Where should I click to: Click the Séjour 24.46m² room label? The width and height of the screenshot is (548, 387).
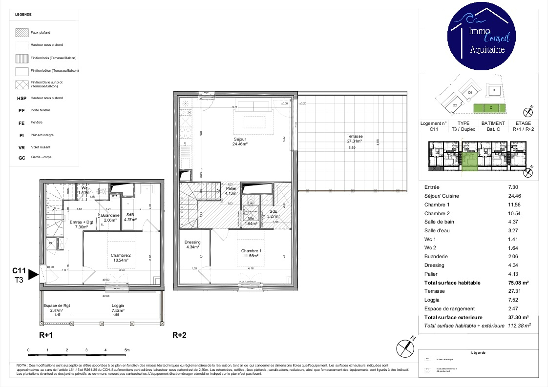click(240, 142)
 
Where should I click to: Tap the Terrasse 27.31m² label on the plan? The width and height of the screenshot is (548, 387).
click(355, 139)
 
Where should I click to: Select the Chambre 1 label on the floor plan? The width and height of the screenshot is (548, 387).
click(251, 253)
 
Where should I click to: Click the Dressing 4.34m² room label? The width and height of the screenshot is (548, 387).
click(192, 244)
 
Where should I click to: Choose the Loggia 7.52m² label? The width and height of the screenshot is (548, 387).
click(118, 307)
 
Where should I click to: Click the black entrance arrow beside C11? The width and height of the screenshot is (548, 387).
click(33, 275)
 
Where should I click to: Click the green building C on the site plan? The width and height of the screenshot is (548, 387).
click(490, 107)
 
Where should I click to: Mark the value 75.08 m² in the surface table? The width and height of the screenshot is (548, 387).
click(519, 283)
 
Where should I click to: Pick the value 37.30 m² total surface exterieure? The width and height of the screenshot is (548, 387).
click(519, 317)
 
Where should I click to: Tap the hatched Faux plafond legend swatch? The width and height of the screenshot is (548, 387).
click(22, 33)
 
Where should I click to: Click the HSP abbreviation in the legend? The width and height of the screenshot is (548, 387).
click(21, 98)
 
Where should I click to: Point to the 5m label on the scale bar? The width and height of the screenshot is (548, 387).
click(126, 350)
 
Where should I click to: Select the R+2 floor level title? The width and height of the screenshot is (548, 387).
click(179, 335)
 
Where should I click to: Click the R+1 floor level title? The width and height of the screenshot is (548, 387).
click(46, 335)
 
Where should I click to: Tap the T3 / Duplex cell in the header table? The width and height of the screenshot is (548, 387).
click(463, 129)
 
